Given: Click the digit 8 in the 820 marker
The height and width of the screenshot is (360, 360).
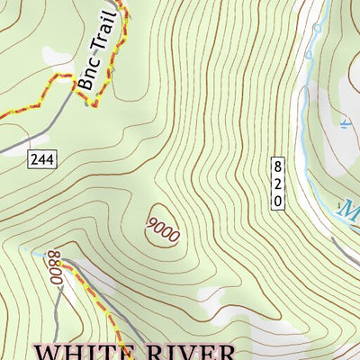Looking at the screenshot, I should click(278, 166).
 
